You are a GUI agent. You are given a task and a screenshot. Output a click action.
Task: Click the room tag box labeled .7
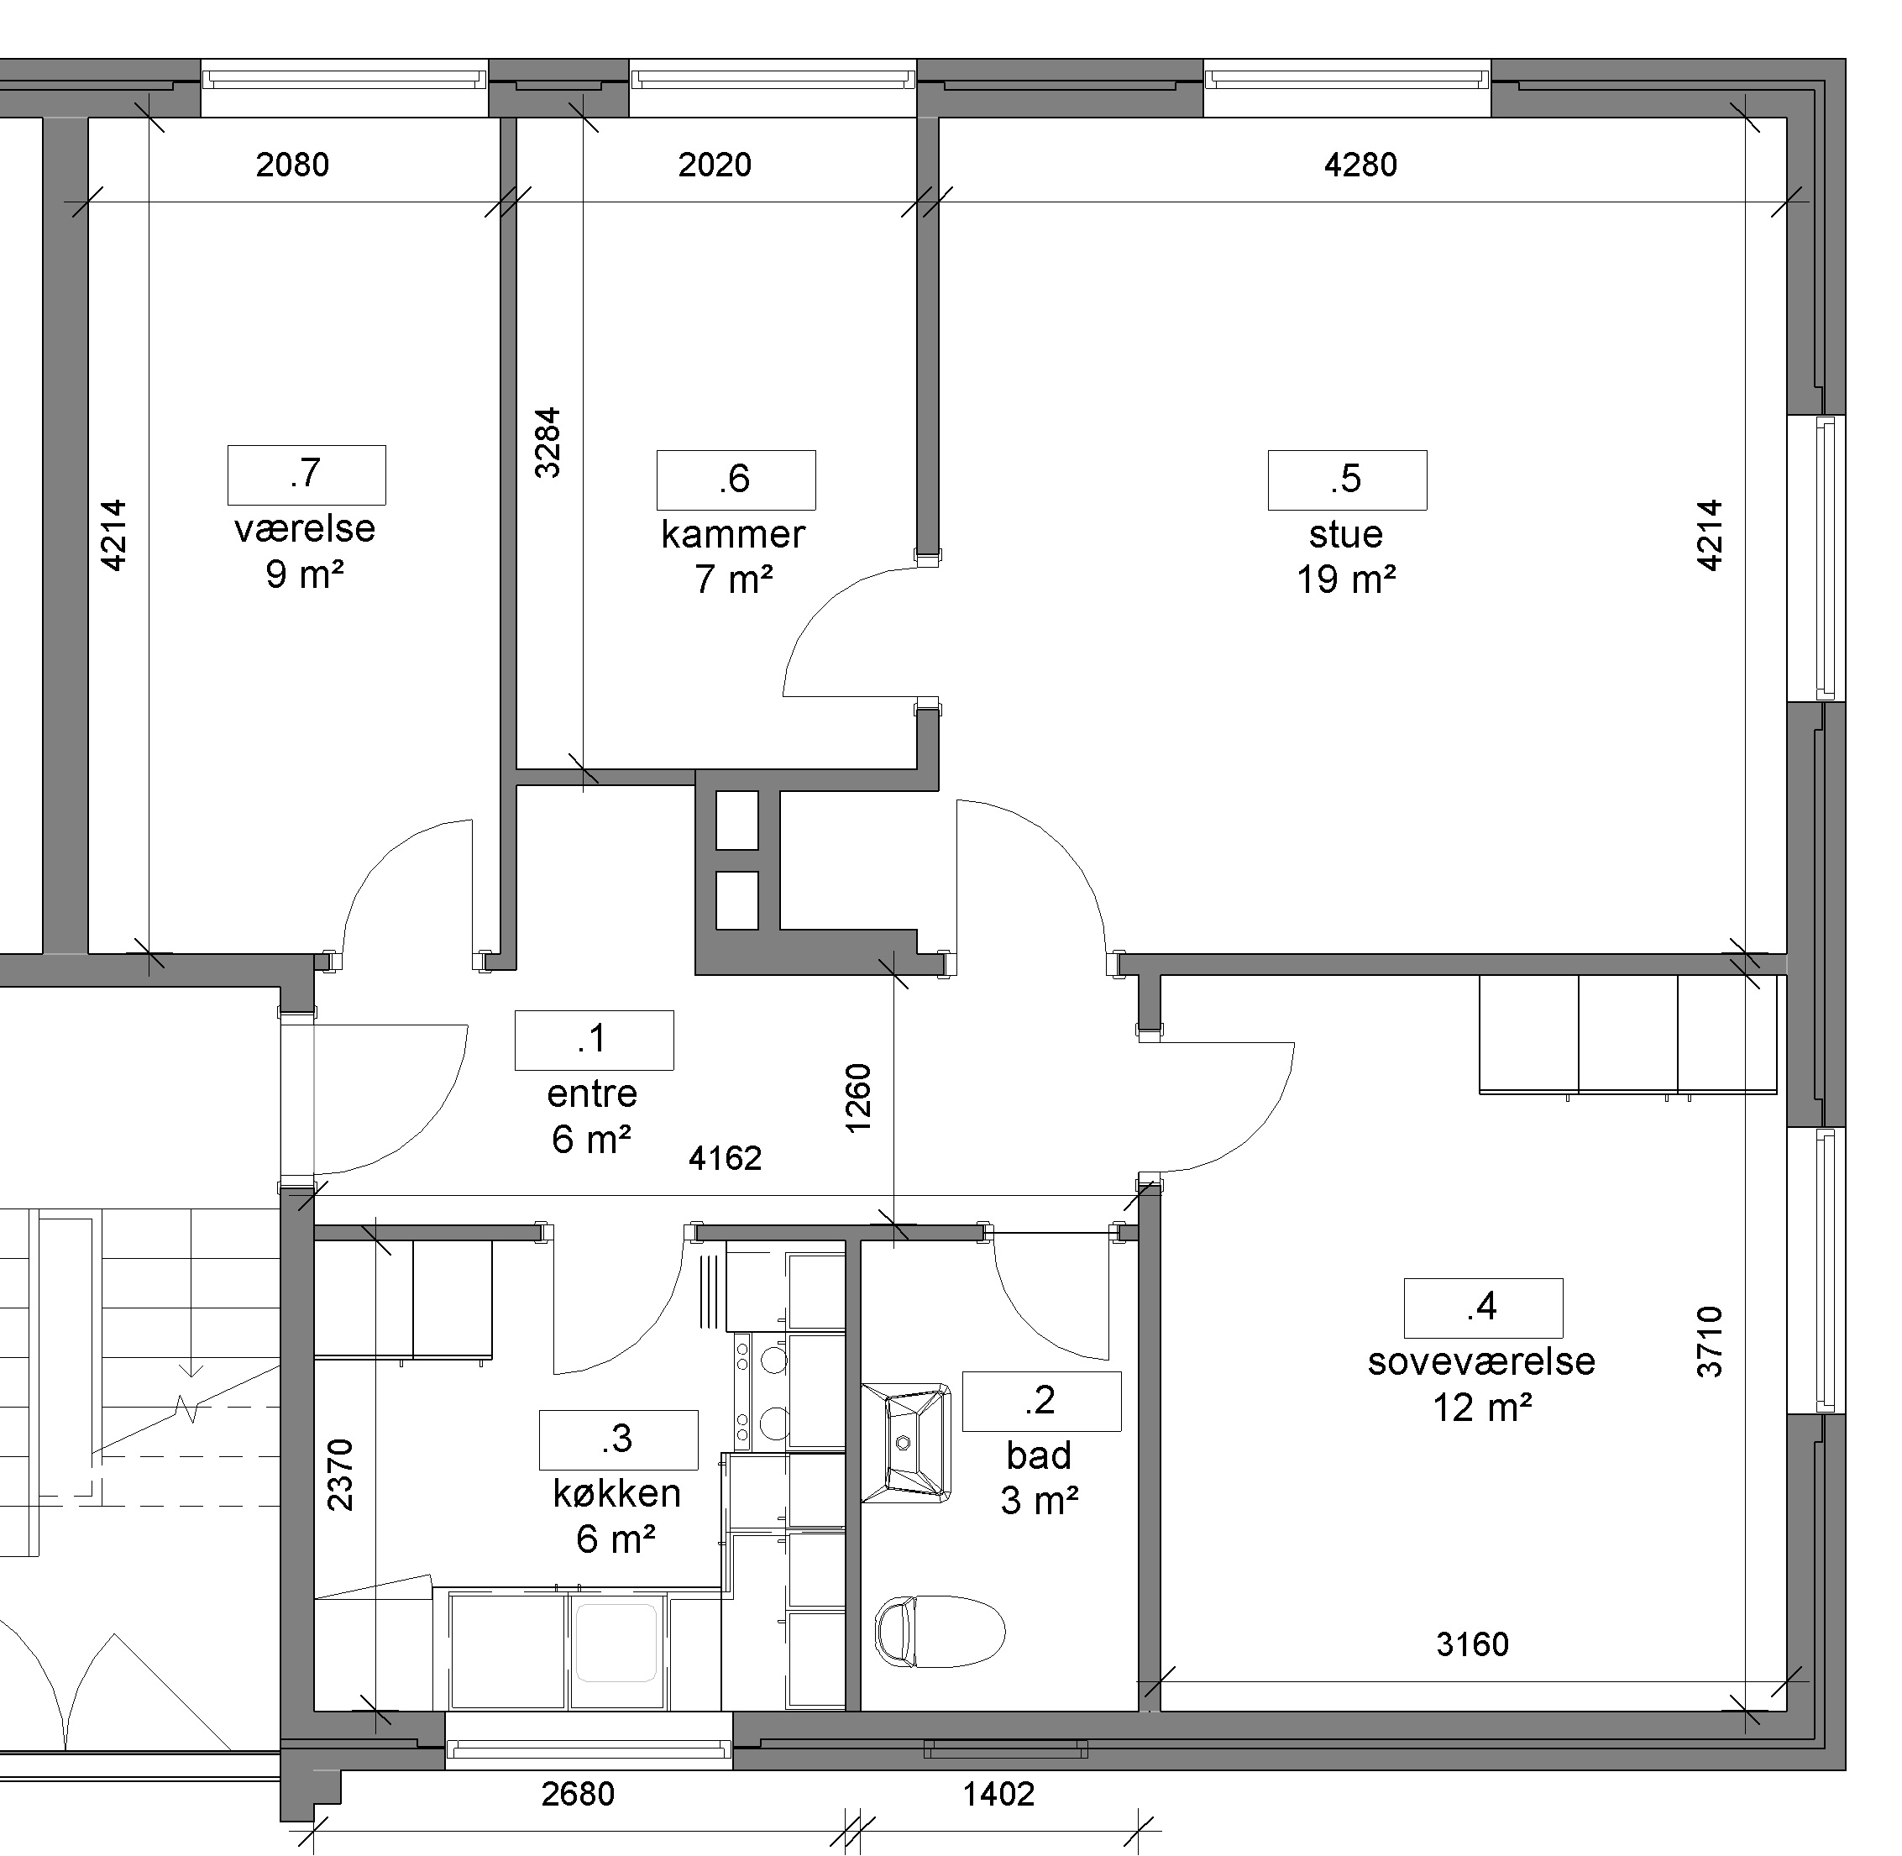(307, 474)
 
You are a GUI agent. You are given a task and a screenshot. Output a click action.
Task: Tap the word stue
(1345, 534)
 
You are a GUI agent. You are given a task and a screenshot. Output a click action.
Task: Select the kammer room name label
(733, 534)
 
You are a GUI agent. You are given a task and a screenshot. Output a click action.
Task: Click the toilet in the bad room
(940, 1631)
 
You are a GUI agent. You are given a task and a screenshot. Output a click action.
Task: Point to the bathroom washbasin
(907, 1443)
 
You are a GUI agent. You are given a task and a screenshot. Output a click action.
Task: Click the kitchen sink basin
(616, 1643)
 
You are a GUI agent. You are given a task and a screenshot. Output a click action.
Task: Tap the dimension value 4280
(1360, 165)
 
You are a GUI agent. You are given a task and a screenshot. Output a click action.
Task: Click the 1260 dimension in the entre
(858, 1098)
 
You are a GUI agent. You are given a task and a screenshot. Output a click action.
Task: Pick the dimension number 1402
(998, 1794)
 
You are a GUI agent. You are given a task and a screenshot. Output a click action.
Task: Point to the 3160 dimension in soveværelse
(1472, 1644)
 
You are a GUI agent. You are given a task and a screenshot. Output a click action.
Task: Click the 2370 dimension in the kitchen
(339, 1475)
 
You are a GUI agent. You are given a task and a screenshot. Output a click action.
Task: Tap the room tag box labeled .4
(1483, 1308)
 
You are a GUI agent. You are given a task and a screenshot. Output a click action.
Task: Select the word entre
(592, 1093)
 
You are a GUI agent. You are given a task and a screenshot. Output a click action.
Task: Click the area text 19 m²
(1345, 580)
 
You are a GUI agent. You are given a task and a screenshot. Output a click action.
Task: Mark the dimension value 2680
(578, 1794)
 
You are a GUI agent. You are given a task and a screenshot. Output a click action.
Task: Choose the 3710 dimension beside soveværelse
(1710, 1341)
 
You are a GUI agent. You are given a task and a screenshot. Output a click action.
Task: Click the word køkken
(616, 1493)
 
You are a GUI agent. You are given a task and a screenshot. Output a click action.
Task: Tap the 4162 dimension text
(726, 1158)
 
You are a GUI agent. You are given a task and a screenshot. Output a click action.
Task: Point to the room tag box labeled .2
(1041, 1401)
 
